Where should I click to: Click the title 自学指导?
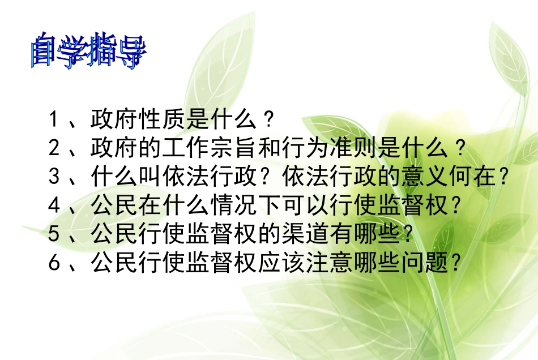[x=89, y=52]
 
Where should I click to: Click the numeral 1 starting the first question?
[x=54, y=120]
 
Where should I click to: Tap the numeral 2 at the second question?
[x=54, y=149]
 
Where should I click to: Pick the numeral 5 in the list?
[x=54, y=234]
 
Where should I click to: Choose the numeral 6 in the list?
[x=54, y=263]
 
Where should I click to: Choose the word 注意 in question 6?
[x=328, y=263]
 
